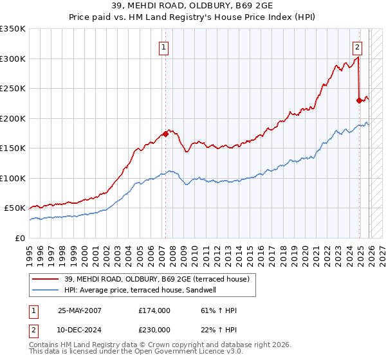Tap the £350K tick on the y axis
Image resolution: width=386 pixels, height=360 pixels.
(x=13, y=29)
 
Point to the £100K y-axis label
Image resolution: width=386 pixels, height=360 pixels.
(x=13, y=178)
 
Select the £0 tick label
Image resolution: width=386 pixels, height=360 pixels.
(x=21, y=238)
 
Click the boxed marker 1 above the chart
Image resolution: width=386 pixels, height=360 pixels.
(x=165, y=47)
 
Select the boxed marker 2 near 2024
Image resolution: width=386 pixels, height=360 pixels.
(x=357, y=47)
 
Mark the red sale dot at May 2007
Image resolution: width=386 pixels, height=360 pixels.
(x=165, y=134)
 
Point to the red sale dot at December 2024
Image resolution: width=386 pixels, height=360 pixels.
(x=359, y=100)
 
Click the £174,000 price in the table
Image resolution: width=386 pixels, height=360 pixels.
(x=154, y=310)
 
